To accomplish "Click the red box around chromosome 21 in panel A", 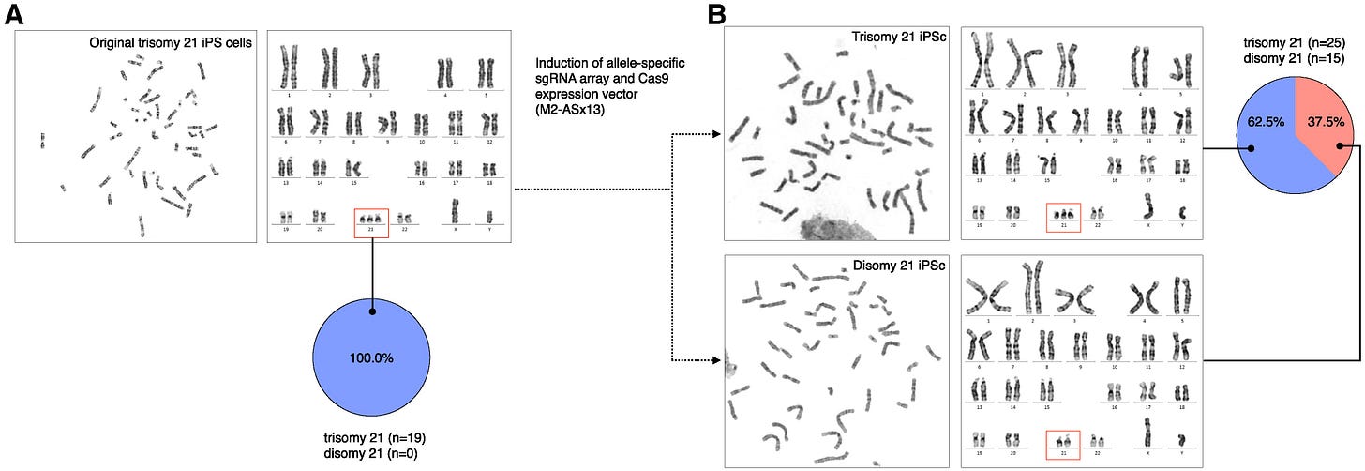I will (x=373, y=221).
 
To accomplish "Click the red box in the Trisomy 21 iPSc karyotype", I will (x=1062, y=217).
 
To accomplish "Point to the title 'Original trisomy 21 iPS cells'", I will (x=172, y=42).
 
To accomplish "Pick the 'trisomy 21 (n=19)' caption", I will (x=372, y=436).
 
